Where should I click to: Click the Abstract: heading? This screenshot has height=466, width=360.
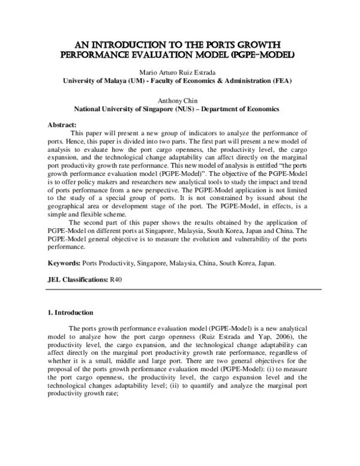62,125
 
